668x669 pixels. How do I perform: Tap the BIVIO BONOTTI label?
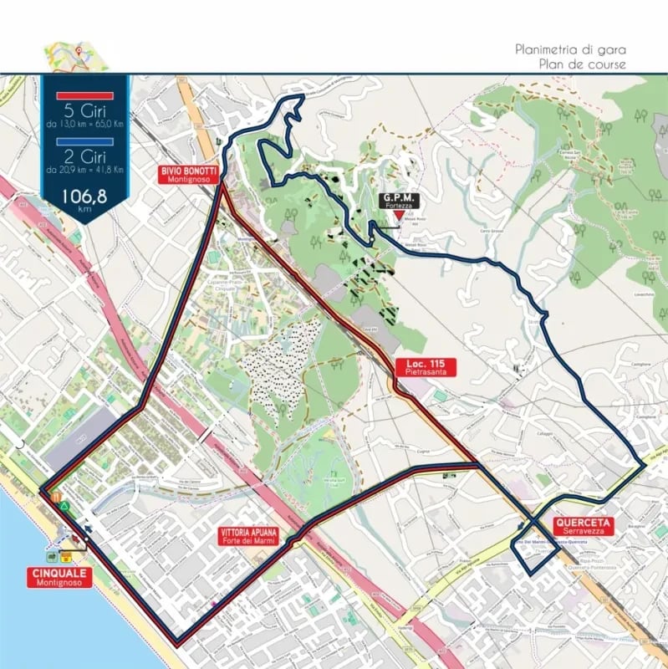(x=191, y=174)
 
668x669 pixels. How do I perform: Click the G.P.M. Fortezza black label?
(x=399, y=199)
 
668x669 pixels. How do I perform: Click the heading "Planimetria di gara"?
(x=571, y=49)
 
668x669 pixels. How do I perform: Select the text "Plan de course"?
(x=584, y=64)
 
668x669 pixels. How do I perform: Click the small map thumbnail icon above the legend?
(x=78, y=54)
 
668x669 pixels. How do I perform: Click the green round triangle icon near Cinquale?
(x=64, y=508)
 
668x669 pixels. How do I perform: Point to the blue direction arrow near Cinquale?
(x=88, y=529)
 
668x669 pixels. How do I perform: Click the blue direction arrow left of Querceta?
(x=522, y=526)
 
